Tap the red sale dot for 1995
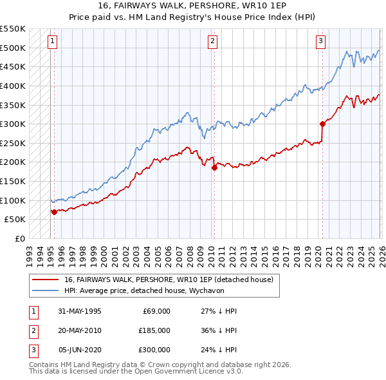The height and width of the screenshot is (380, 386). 54,211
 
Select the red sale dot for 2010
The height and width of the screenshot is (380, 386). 214,167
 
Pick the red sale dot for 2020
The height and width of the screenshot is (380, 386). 322,124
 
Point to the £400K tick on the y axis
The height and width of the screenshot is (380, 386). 13,86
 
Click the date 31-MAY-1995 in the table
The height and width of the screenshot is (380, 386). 80,310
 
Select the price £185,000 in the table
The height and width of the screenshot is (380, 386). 154,330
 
